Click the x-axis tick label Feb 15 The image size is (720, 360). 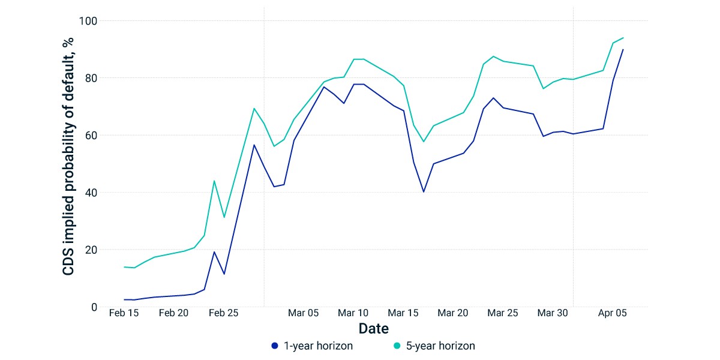pyautogui.click(x=124, y=313)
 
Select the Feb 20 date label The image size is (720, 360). pyautogui.click(x=173, y=313)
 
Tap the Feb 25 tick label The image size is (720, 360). pyautogui.click(x=223, y=313)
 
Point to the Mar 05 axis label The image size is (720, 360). pyautogui.click(x=303, y=313)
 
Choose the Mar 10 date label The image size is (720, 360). pyautogui.click(x=353, y=313)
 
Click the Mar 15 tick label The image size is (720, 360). pyautogui.click(x=403, y=313)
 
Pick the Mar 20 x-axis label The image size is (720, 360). pyautogui.click(x=453, y=313)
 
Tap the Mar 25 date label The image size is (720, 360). pyautogui.click(x=503, y=313)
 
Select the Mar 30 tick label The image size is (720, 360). pyautogui.click(x=553, y=313)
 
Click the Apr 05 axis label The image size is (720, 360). pyautogui.click(x=613, y=313)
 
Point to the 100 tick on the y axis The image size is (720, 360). pyautogui.click(x=88, y=21)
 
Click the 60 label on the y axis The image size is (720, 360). pyautogui.click(x=91, y=136)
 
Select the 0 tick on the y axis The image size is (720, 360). pyautogui.click(x=94, y=307)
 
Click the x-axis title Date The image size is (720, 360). pyautogui.click(x=373, y=329)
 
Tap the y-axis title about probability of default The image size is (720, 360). pyautogui.click(x=68, y=157)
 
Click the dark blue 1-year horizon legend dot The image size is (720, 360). pyautogui.click(x=275, y=346)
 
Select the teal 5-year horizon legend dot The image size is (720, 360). pyautogui.click(x=397, y=346)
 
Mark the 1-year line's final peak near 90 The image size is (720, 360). pyautogui.click(x=623, y=49)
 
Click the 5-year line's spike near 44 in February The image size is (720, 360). pyautogui.click(x=214, y=181)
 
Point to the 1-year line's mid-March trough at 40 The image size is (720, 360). pyautogui.click(x=424, y=192)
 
